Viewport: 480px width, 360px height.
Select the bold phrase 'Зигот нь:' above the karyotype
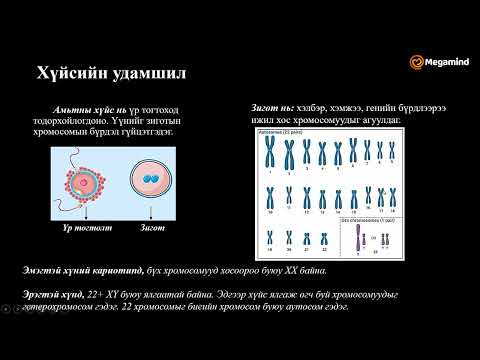coord(273,106)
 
